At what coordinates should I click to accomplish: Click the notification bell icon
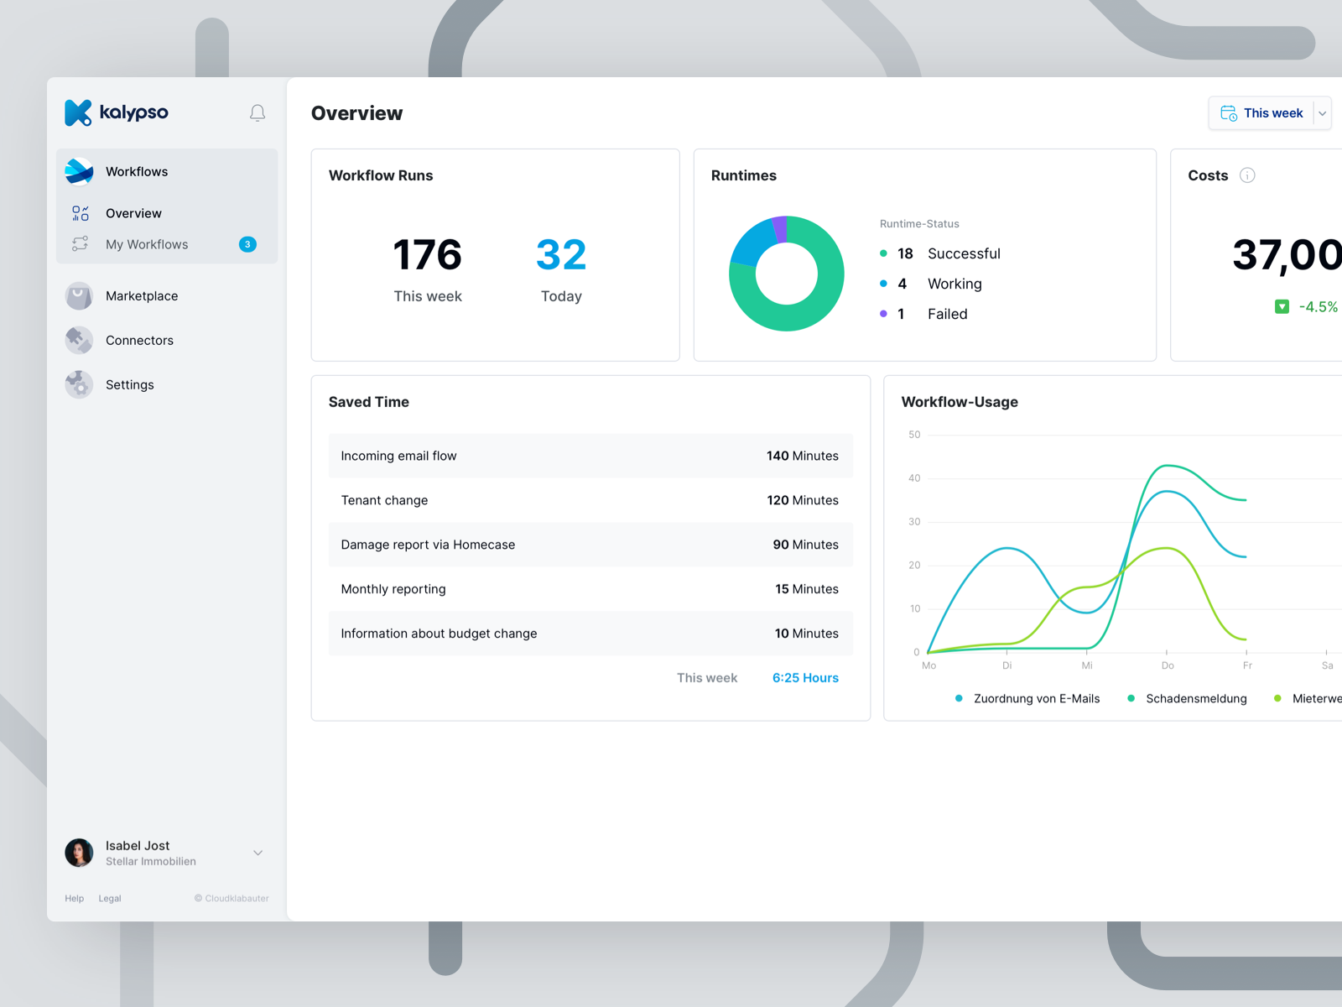[257, 112]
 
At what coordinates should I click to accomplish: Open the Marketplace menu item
[141, 296]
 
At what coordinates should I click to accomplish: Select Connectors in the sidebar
[139, 341]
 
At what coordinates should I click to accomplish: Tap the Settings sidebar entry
[129, 385]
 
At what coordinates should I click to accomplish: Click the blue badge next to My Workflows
[247, 244]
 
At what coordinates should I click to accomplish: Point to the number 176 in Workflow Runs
[427, 255]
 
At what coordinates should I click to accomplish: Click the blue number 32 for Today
[561, 255]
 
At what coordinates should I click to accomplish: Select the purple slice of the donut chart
[780, 228]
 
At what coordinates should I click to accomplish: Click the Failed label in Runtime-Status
[947, 314]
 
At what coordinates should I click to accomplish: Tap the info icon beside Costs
[1247, 175]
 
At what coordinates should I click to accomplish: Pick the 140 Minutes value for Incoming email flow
[802, 456]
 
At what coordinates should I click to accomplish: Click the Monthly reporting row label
[393, 589]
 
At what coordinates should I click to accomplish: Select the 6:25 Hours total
[805, 678]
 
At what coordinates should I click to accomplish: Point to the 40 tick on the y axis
[914, 478]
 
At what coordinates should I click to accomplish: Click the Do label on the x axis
[1168, 665]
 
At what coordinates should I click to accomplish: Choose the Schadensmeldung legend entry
[1195, 698]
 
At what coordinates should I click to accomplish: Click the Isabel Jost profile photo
[80, 853]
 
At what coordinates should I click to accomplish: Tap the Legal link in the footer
[110, 899]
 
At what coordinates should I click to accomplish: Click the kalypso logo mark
[78, 112]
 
